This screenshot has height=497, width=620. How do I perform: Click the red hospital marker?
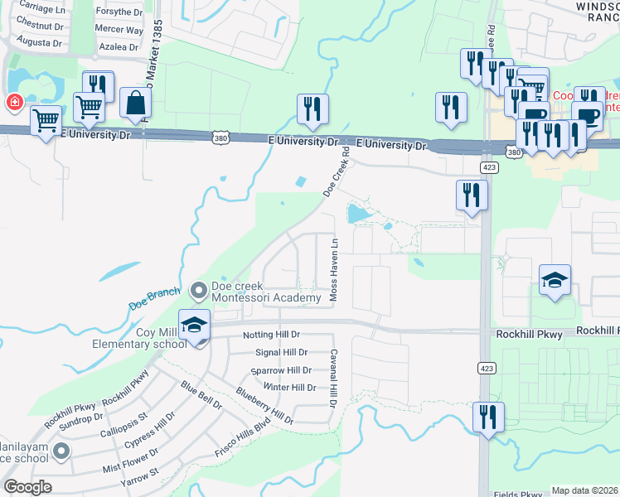pos(13,103)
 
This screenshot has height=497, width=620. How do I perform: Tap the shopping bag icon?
pos(135,104)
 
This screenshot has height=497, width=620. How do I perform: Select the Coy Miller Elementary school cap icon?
pos(194,325)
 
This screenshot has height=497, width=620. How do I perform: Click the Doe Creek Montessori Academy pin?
pos(198,291)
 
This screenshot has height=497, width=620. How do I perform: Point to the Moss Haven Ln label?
pos(335,270)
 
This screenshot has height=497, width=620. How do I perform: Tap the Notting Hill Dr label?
pos(276,335)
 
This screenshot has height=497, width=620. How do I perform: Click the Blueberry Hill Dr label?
pos(264,405)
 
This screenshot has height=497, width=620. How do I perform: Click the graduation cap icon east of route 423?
pos(555,280)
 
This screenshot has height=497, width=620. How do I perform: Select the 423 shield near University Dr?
pos(489,167)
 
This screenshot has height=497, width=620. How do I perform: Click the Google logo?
pos(27,487)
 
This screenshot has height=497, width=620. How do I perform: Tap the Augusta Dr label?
pos(40,41)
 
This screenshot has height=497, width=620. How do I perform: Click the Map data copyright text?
pos(585,490)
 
